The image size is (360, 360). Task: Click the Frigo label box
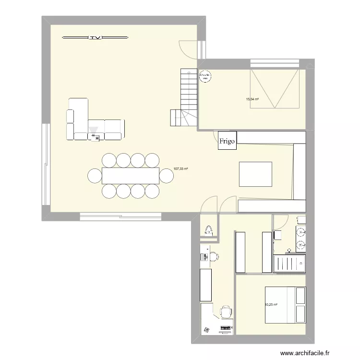pos(227,141)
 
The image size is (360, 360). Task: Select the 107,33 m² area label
pos(180,169)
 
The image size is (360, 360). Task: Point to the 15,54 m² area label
pos(252,99)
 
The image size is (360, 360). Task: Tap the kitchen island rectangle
pos(256,174)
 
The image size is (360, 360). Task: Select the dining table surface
pos(130,176)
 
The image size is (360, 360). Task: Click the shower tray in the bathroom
pos(289,264)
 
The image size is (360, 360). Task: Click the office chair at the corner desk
pos(226,312)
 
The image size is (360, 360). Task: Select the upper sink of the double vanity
pos(300,233)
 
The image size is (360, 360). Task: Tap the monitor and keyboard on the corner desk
pos(225,329)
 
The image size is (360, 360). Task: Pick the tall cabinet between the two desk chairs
pos(206,283)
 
